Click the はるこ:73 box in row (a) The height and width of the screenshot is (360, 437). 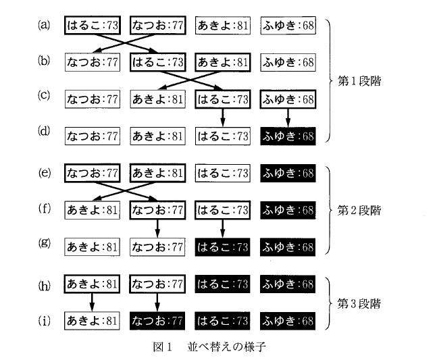pyautogui.click(x=93, y=26)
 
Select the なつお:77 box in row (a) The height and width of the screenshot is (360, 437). pyautogui.click(x=158, y=26)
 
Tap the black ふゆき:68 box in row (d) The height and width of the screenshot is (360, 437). pyautogui.click(x=288, y=136)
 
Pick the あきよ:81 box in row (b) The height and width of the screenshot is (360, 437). pyautogui.click(x=223, y=63)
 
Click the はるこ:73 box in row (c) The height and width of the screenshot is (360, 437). pyautogui.click(x=223, y=99)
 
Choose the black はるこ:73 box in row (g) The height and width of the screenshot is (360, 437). pyautogui.click(x=223, y=246)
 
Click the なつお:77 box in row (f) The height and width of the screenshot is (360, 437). pyautogui.click(x=158, y=209)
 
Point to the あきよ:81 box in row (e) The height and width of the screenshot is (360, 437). pyautogui.click(x=158, y=173)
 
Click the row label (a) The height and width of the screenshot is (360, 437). pyautogui.click(x=45, y=26)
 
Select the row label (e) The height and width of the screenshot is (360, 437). pyautogui.click(x=45, y=172)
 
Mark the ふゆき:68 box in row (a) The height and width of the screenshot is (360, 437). pyautogui.click(x=288, y=26)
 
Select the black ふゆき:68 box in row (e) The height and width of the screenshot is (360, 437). pyautogui.click(x=288, y=173)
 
